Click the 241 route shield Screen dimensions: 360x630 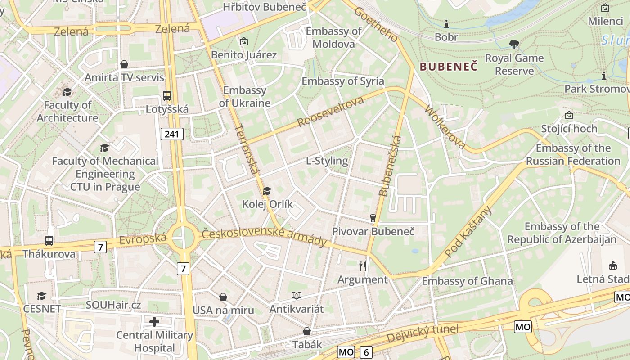172,134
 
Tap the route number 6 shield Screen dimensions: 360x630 366,352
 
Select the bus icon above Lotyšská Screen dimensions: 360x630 167,95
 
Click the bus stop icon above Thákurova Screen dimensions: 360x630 49,241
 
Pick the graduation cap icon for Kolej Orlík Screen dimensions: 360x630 267,191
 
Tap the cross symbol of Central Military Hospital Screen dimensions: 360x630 154,322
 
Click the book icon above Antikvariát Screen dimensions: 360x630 296,295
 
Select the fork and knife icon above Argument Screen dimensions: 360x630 363,266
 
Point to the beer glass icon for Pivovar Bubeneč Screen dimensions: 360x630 373,218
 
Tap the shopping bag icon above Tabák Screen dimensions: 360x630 307,331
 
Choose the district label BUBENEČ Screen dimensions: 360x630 448,67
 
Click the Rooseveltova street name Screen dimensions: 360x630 330,111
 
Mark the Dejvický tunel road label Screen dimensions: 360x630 423,333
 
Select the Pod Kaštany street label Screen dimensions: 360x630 468,232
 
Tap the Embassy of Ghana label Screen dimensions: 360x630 467,281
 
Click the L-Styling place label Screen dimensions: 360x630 327,161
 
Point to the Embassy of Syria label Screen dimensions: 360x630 343,81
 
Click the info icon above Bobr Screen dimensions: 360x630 446,24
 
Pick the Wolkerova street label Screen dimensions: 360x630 445,127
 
